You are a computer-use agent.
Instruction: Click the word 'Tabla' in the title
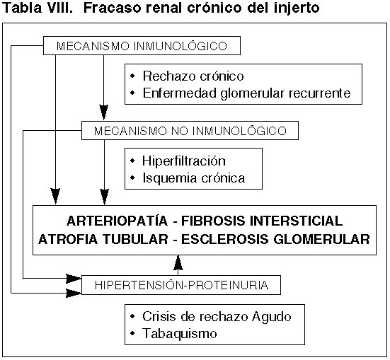pyautogui.click(x=22, y=8)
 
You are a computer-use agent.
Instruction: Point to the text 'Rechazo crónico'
pyautogui.click(x=193, y=76)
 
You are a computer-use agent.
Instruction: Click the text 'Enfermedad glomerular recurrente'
pyautogui.click(x=246, y=94)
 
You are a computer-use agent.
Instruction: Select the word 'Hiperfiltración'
pyautogui.click(x=184, y=161)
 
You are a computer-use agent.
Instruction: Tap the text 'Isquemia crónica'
pyautogui.click(x=194, y=178)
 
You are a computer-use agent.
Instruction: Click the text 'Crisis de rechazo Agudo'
pyautogui.click(x=217, y=317)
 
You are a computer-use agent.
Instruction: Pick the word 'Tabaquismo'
pyautogui.click(x=180, y=333)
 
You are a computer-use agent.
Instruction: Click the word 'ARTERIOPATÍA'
pyautogui.click(x=117, y=221)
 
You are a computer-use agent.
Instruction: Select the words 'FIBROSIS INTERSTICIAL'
pyautogui.click(x=262, y=221)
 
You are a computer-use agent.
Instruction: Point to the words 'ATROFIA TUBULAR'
pyautogui.click(x=103, y=240)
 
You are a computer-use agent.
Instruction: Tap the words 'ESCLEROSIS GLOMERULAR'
pyautogui.click(x=275, y=240)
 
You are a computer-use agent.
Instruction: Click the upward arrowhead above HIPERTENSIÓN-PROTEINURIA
pyautogui.click(x=178, y=263)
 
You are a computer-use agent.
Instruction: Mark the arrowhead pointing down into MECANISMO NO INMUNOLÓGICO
pyautogui.click(x=104, y=112)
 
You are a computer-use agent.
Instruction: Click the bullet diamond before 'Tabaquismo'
pyautogui.click(x=132, y=333)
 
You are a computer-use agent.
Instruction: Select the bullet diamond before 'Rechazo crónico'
pyautogui.click(x=132, y=76)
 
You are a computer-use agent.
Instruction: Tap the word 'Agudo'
pyautogui.click(x=272, y=318)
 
